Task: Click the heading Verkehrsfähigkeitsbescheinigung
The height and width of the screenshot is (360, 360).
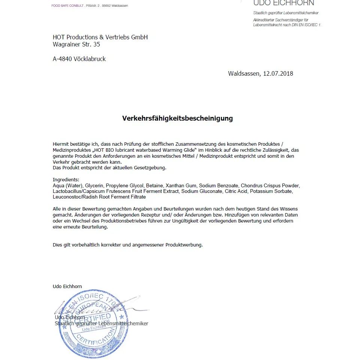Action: [x=177, y=118]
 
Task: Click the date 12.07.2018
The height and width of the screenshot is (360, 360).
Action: [x=278, y=73]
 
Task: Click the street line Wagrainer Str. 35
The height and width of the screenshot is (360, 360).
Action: [x=76, y=44]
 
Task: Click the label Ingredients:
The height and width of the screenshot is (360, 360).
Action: [x=66, y=180]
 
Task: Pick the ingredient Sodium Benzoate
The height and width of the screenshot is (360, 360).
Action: [x=218, y=186]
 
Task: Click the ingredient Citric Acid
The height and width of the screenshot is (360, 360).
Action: [x=236, y=191]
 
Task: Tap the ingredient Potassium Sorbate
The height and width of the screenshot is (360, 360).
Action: [x=271, y=191]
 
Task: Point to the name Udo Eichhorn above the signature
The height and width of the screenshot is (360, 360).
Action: [x=67, y=287]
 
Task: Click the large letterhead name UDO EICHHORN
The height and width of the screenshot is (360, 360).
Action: [x=284, y=3]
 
